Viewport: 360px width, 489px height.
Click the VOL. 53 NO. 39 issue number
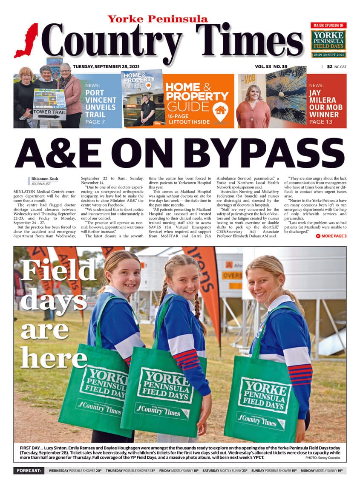[x=271, y=66]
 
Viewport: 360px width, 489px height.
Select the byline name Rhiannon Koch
[x=45, y=178]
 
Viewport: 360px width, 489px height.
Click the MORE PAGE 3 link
[x=331, y=236]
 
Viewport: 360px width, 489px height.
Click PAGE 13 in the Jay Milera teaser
[x=324, y=122]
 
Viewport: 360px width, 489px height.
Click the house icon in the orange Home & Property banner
[x=220, y=110]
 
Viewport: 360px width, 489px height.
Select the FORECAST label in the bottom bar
[x=29, y=471]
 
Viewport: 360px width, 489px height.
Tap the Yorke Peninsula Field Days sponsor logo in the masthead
[x=328, y=40]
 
